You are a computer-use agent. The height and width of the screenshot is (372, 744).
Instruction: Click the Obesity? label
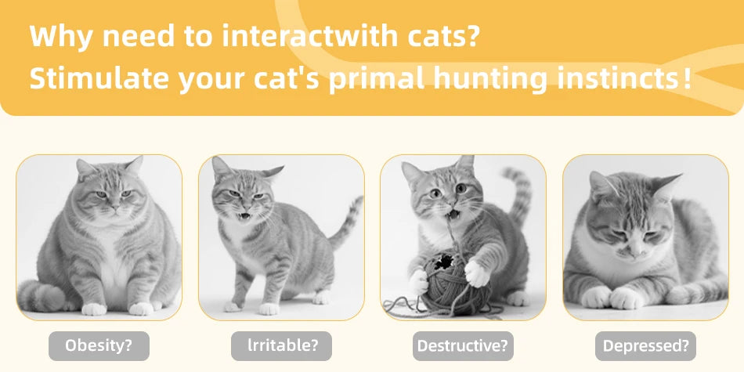[99, 345]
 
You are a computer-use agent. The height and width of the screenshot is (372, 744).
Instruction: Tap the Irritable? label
[282, 345]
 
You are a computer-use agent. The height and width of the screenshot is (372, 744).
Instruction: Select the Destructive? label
[463, 345]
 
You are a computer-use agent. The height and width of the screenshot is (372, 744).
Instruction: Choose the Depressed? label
[645, 345]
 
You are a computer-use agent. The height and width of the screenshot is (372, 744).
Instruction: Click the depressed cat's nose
[632, 249]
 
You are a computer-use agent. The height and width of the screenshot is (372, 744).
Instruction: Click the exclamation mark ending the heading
[687, 79]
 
